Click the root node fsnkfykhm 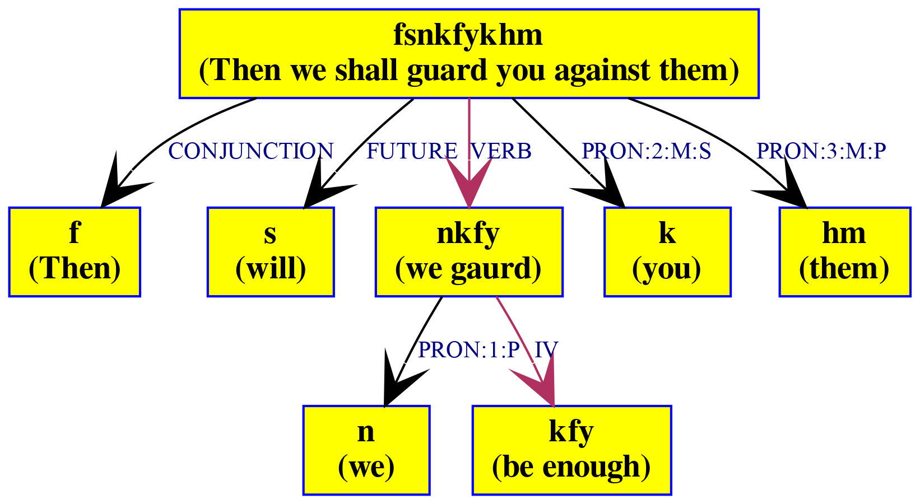tap(468, 53)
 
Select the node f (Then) tap(74, 251)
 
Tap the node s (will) tap(271, 251)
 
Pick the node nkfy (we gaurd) tap(468, 251)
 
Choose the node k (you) tap(667, 251)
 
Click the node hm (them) tap(844, 251)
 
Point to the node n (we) tap(366, 450)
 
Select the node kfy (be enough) tap(571, 450)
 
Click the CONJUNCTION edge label tap(250, 151)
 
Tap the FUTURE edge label tap(411, 151)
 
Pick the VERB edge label tap(501, 151)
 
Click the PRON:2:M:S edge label tap(646, 151)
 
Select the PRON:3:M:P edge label tap(821, 151)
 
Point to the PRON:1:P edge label tap(469, 350)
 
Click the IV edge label tap(546, 350)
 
